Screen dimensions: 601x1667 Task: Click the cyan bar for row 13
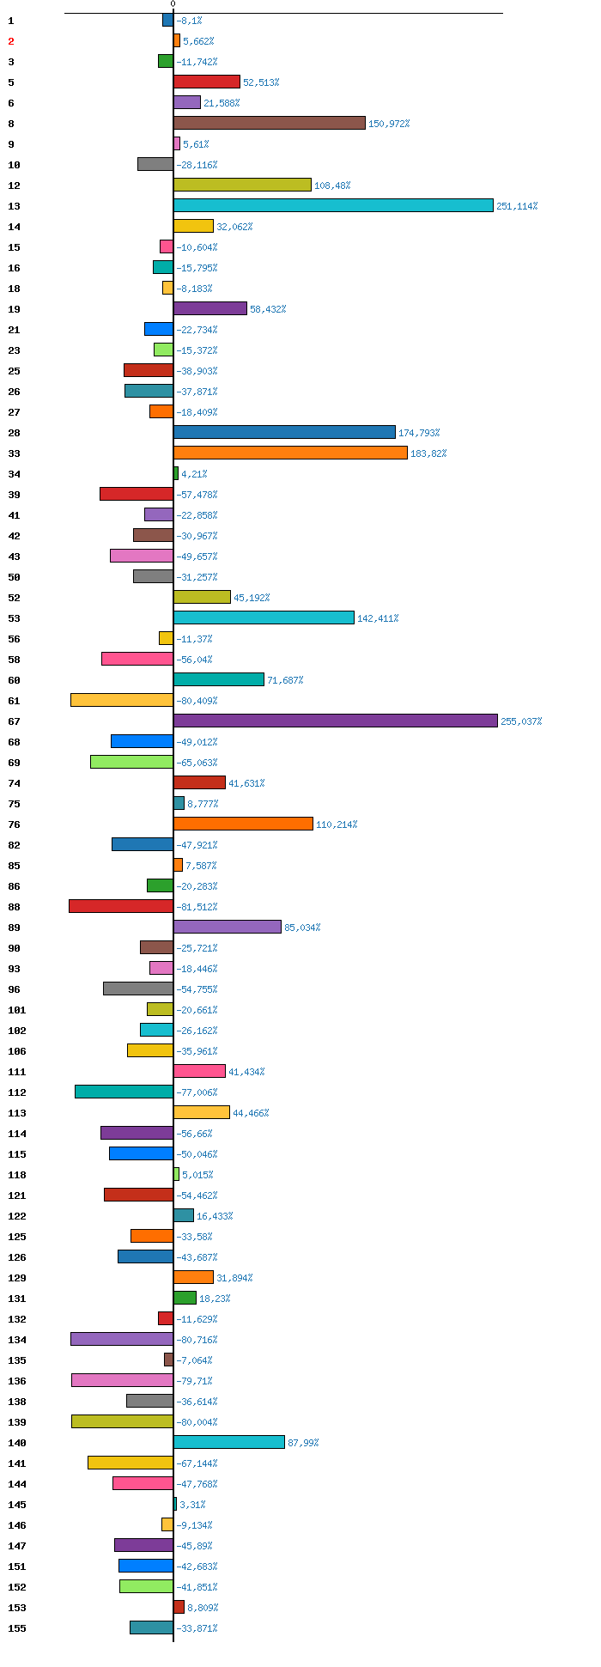[x=333, y=205]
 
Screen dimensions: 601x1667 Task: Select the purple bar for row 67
[x=336, y=721]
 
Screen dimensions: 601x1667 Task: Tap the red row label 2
[x=11, y=41]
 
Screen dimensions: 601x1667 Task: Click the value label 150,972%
[x=389, y=124]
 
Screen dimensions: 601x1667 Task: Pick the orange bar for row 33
[x=290, y=453]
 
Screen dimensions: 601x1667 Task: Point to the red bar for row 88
[x=121, y=906]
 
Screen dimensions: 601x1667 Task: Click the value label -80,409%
[x=197, y=701]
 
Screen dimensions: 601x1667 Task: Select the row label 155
[x=17, y=1628]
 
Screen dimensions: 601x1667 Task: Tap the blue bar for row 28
[x=284, y=432]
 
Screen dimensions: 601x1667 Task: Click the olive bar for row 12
[x=242, y=185]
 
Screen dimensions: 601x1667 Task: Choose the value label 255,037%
[x=521, y=721]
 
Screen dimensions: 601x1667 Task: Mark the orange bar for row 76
[x=243, y=824]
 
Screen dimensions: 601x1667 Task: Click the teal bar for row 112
[x=124, y=1092]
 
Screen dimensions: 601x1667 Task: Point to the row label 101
[x=17, y=1010]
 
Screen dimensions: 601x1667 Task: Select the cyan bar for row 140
[x=229, y=1442]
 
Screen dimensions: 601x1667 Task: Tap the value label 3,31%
[x=192, y=1505]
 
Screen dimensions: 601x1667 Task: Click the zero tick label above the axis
[x=173, y=4]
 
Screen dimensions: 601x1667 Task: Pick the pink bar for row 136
[x=122, y=1380]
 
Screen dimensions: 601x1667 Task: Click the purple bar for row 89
[x=228, y=927]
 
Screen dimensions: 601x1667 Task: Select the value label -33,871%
[x=197, y=1628]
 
